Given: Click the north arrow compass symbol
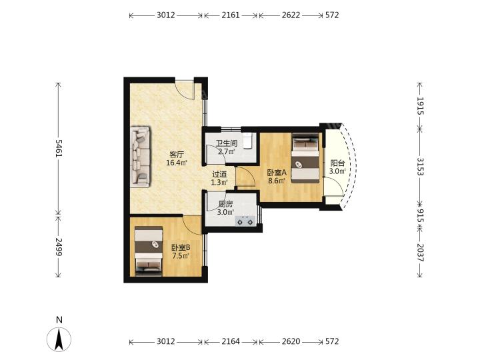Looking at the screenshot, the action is click(59, 339).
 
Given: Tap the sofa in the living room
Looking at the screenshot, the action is click(141, 156).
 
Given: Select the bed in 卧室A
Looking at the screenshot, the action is click(305, 157).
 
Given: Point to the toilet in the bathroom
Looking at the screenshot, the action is click(247, 141).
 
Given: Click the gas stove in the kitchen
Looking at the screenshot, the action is click(245, 221).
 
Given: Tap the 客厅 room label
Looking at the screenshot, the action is click(177, 154).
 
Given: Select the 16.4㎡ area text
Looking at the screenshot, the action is click(177, 163).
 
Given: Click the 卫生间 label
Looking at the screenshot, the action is click(227, 143).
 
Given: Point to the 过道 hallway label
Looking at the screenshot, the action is click(219, 175).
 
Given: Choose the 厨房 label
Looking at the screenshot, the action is click(225, 204).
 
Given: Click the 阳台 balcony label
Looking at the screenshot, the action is click(337, 163).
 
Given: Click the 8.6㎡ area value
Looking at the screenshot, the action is click(277, 181).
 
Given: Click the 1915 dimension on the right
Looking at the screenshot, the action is click(420, 106).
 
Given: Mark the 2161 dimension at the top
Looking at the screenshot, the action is click(231, 15).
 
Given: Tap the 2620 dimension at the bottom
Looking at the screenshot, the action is click(291, 341).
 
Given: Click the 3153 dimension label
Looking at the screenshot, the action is click(420, 167).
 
